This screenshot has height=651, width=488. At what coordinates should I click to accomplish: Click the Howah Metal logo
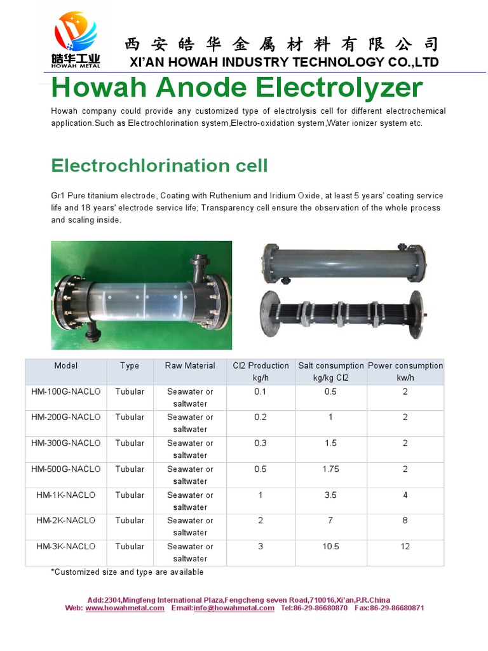tap(74, 39)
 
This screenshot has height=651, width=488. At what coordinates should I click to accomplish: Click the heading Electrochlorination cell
tap(159, 166)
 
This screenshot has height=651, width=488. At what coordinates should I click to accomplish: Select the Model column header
tap(66, 366)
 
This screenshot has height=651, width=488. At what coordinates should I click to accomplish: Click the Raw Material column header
tap(190, 366)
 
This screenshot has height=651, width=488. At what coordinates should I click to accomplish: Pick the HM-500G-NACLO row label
tap(66, 469)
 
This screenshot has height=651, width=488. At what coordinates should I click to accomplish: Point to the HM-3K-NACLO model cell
tap(66, 547)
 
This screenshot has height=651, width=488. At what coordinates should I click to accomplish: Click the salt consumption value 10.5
tap(330, 547)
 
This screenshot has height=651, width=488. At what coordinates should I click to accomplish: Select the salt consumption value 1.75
tap(330, 469)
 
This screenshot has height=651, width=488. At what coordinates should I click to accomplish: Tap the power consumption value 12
tap(405, 547)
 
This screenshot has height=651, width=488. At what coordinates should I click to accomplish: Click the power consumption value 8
tap(405, 521)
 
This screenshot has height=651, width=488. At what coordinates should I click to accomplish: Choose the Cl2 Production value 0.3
tap(261, 443)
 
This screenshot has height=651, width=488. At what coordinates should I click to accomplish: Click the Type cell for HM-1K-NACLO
tap(130, 495)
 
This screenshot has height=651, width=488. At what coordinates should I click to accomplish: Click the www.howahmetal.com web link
tap(125, 608)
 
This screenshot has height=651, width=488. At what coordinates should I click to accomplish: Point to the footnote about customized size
tap(127, 572)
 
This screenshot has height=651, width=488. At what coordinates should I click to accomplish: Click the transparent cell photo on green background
tap(141, 294)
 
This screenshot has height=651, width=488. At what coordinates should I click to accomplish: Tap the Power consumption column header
tap(405, 371)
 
